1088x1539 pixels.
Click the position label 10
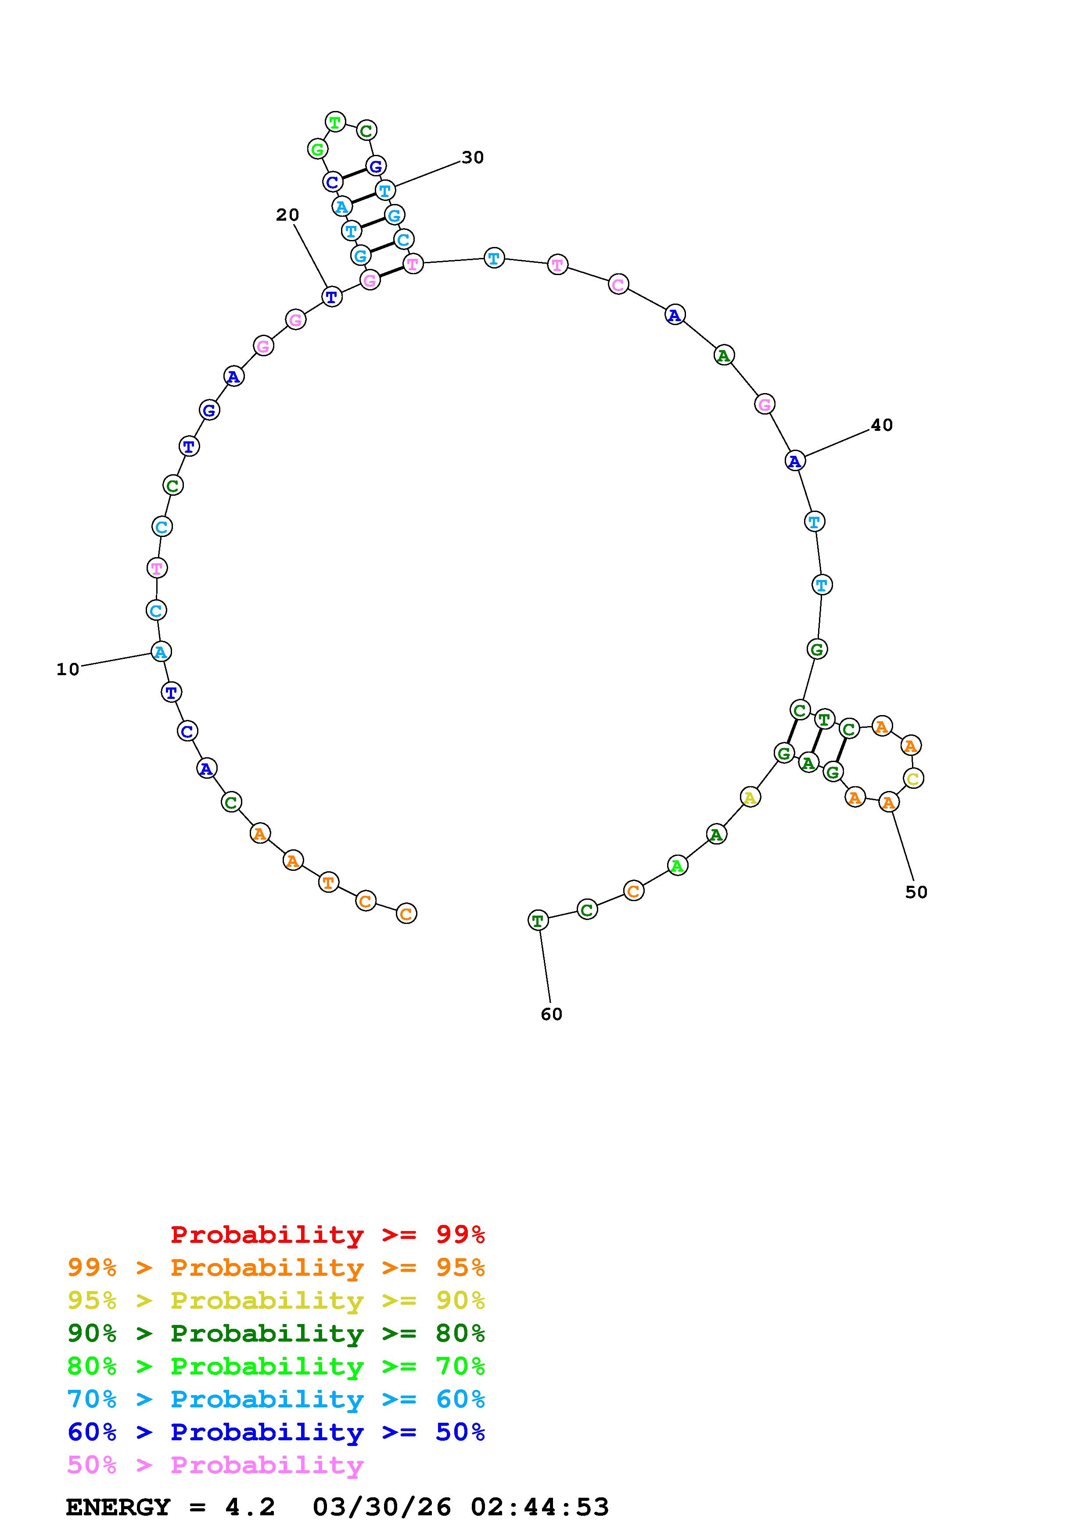(x=68, y=669)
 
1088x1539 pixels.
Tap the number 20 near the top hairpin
(x=287, y=215)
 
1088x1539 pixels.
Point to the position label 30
(x=473, y=157)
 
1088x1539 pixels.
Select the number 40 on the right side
(x=882, y=425)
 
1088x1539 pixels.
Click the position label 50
(x=916, y=892)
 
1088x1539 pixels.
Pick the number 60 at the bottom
(x=552, y=1014)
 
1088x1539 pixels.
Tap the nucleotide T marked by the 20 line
(x=332, y=296)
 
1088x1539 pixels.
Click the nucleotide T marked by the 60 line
(x=538, y=920)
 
